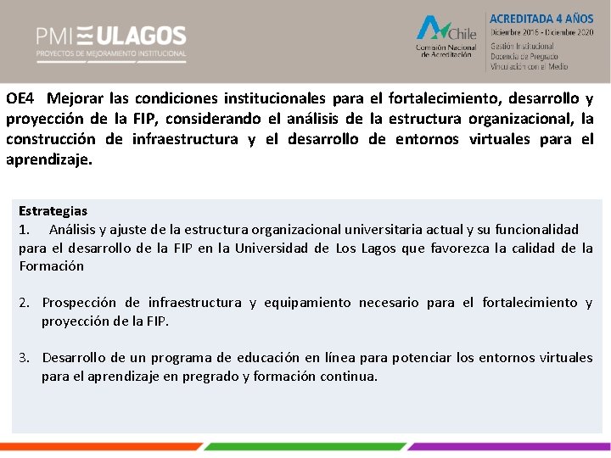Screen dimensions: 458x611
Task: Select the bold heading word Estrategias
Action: coord(53,210)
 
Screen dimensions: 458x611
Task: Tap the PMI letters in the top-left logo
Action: coord(53,36)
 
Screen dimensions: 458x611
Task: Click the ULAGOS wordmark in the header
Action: coord(140,36)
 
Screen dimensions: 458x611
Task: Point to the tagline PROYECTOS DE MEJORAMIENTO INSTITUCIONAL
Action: coord(110,53)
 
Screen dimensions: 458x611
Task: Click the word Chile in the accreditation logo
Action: coord(462,34)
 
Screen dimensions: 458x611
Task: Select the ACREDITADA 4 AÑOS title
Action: coord(541,18)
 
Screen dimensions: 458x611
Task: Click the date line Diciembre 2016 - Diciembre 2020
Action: coord(541,32)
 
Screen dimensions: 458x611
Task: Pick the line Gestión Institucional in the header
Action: coord(522,46)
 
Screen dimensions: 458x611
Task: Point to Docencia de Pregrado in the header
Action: coord(524,56)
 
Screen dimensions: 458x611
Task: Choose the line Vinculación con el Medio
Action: coord(529,66)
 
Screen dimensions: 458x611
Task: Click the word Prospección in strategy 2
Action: coord(80,303)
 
